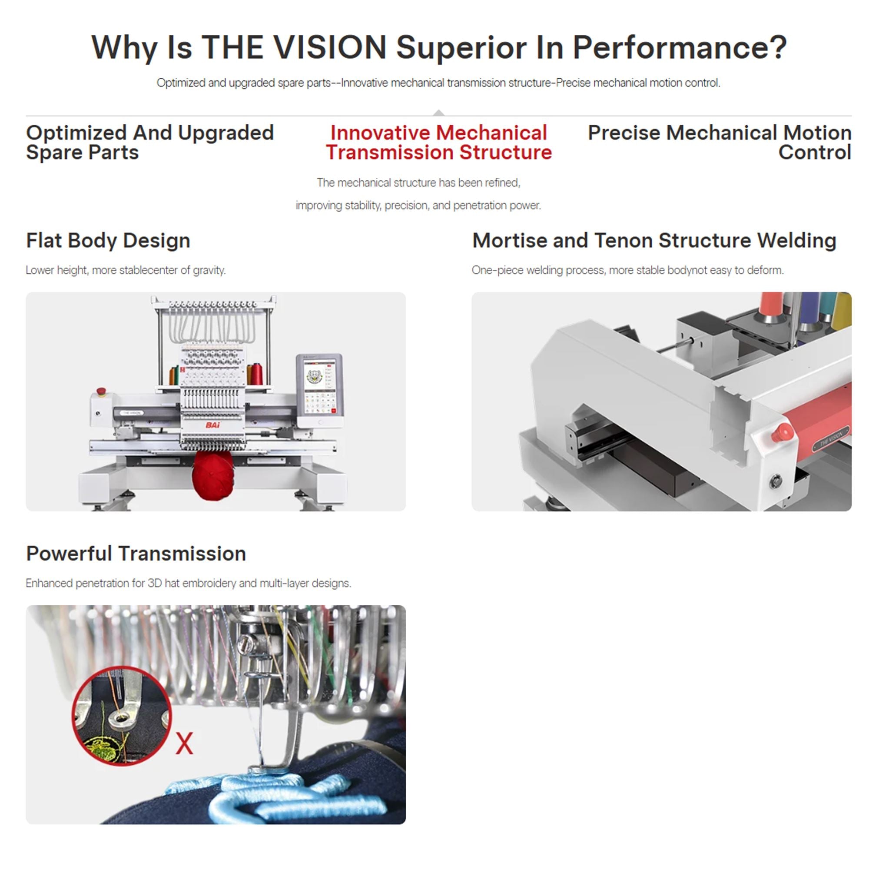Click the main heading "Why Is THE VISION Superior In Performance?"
pos(439,48)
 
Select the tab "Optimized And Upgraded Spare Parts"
pos(150,142)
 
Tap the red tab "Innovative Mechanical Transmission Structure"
pos(438,142)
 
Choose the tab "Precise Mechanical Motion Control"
pos(720,142)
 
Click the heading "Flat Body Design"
pos(108,241)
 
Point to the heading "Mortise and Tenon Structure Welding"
pos(654,240)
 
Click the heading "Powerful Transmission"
pos(136,554)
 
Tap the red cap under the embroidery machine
pos(213,474)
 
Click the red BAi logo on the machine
pos(213,425)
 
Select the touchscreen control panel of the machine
pos(320,390)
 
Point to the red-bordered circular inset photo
pos(122,716)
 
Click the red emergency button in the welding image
pos(783,432)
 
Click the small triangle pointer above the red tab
pos(439,113)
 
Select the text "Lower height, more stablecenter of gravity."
pos(126,270)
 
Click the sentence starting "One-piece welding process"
pos(628,270)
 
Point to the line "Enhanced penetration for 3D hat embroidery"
pos(189,584)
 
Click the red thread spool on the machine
pos(257,374)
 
